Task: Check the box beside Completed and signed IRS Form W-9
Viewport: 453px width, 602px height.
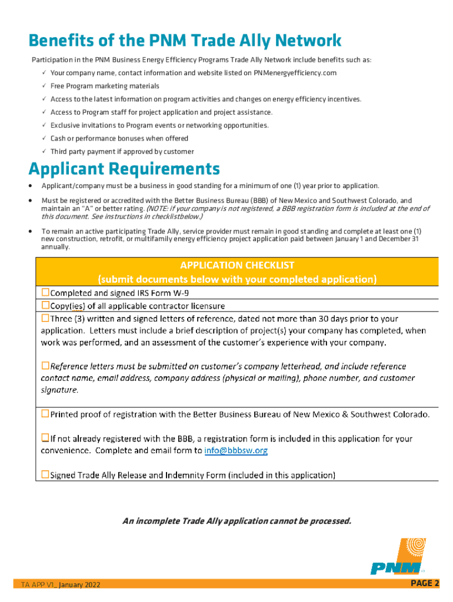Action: tap(45, 292)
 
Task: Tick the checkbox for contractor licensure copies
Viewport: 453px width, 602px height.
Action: tap(45, 306)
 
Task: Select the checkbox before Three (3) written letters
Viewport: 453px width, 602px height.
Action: tap(45, 319)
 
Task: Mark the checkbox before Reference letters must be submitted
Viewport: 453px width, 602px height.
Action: tap(45, 366)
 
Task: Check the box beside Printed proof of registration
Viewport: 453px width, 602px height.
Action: tap(45, 414)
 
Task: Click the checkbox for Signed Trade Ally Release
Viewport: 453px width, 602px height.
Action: tap(45, 474)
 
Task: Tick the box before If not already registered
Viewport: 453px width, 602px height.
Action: tap(45, 438)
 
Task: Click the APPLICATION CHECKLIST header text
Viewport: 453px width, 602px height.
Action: tap(237, 265)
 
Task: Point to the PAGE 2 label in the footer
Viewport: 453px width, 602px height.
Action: tap(424, 583)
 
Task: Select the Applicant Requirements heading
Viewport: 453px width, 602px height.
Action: tap(124, 169)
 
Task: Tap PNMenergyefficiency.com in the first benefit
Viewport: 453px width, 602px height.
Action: tap(295, 73)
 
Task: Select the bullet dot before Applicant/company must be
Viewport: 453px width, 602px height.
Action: tap(31, 186)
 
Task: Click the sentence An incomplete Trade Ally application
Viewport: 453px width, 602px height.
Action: tap(237, 521)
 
